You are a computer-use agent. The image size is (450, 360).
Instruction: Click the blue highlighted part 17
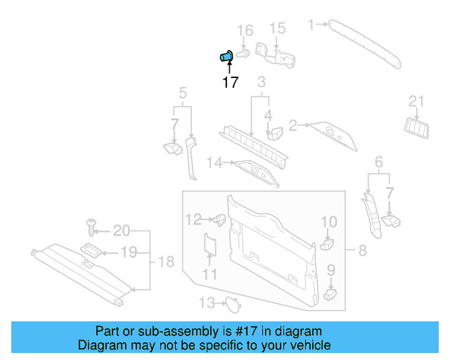[227, 56]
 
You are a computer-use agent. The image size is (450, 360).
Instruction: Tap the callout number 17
[230, 83]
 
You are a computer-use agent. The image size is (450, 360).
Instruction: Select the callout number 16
[244, 30]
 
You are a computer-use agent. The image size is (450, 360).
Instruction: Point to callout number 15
[278, 29]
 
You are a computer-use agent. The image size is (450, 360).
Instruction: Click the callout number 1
[312, 25]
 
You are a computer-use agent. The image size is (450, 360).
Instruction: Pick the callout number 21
[417, 103]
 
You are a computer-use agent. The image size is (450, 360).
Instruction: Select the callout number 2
[292, 125]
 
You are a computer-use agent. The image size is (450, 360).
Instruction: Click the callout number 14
[214, 163]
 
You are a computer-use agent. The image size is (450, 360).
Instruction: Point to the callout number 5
[183, 93]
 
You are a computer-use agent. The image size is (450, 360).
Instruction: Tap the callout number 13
[206, 303]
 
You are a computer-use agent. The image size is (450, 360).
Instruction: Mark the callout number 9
[330, 270]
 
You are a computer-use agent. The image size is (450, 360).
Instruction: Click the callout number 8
[363, 250]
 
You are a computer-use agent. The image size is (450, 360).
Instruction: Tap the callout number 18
[165, 262]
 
